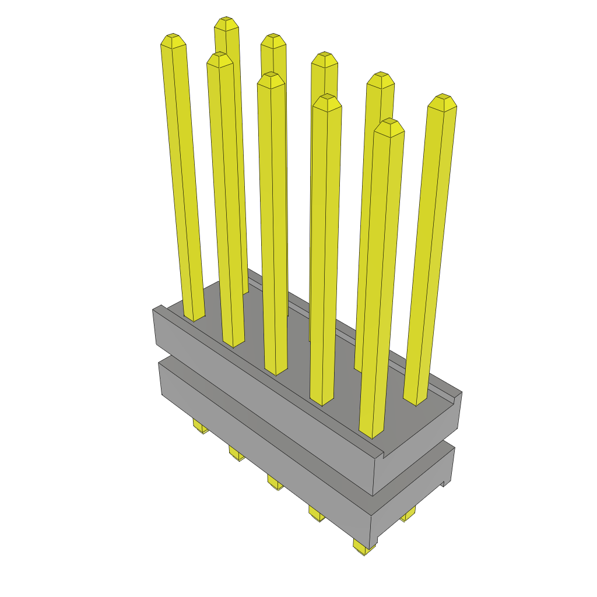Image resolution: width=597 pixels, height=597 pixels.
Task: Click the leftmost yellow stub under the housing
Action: click(x=201, y=429)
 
